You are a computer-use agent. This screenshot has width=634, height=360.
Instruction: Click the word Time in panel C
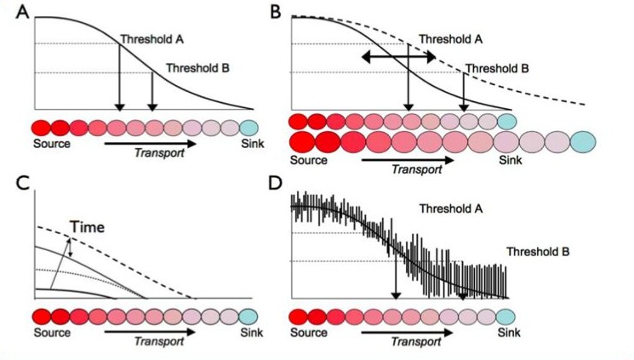click(x=87, y=228)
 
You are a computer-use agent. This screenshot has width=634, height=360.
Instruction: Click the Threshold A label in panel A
click(x=151, y=39)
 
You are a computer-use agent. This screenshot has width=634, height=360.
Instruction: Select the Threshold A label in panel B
click(x=451, y=39)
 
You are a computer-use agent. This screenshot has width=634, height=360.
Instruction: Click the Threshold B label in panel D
click(x=538, y=252)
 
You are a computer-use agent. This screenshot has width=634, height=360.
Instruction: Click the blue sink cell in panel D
click(x=508, y=317)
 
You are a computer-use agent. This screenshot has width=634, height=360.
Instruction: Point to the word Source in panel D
click(x=309, y=334)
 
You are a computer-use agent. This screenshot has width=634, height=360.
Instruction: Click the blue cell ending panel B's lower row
click(x=584, y=140)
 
